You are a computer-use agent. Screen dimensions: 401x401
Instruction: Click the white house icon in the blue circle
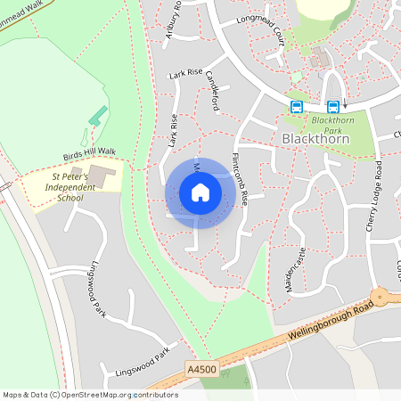(x=200, y=192)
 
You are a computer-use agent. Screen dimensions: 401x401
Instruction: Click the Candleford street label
(x=213, y=92)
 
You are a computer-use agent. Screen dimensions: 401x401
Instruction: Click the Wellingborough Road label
(x=330, y=323)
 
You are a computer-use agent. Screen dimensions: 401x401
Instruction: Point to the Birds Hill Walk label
(x=89, y=153)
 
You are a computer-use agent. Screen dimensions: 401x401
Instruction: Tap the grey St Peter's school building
(x=100, y=174)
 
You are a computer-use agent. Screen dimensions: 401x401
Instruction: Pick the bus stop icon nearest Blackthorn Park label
(x=332, y=106)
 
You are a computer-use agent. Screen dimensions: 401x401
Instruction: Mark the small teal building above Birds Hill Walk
(x=98, y=116)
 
